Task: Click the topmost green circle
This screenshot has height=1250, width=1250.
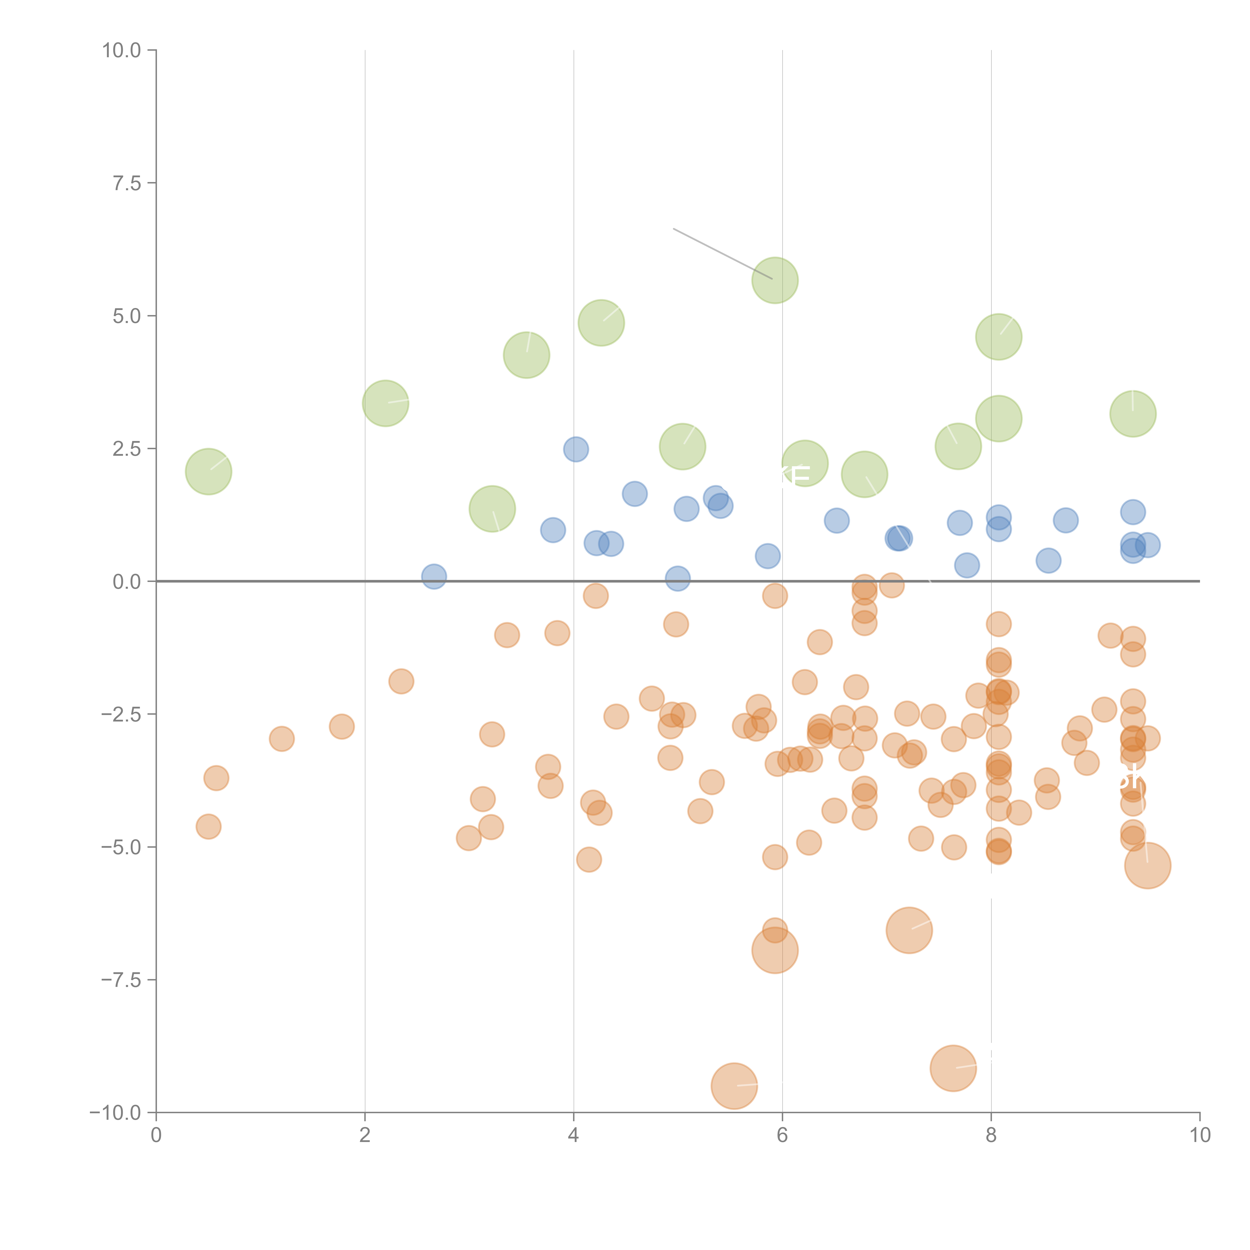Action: click(774, 280)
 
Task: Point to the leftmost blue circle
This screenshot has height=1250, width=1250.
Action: click(433, 576)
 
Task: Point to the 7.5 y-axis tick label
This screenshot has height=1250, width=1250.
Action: click(127, 183)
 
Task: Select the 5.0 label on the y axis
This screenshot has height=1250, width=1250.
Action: click(127, 316)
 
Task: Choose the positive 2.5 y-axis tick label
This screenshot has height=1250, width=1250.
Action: click(127, 448)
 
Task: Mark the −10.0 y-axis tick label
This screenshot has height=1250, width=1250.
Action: click(115, 1112)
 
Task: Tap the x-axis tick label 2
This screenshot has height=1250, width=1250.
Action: click(365, 1135)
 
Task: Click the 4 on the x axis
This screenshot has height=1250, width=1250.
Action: click(573, 1135)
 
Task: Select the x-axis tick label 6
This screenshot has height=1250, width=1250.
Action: click(782, 1135)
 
